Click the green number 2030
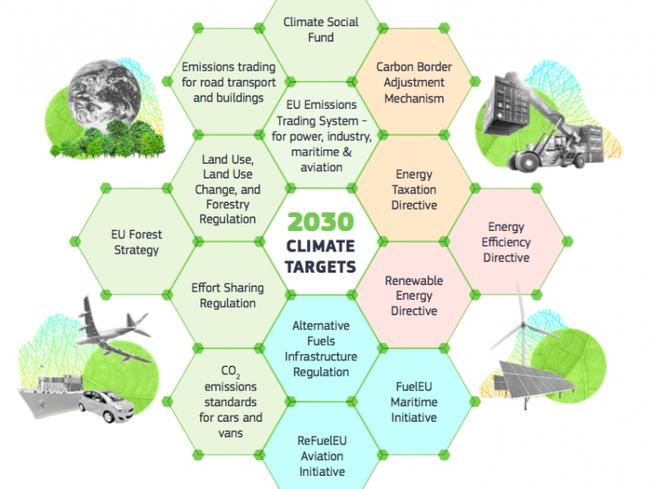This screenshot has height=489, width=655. pos(320,221)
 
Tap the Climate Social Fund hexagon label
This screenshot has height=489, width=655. pos(321,29)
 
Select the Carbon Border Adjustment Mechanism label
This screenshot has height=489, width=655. pos(414,83)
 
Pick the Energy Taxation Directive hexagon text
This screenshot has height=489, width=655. pos(414,190)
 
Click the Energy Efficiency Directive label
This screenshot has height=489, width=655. pos(506,242)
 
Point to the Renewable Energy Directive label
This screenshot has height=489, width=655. pos(414,296)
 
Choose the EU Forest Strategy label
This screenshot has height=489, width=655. pos(137,242)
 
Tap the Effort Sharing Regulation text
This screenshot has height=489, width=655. pos(228,296)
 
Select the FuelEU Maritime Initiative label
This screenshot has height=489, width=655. pos(414,402)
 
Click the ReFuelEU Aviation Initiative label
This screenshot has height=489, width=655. pos(322,456)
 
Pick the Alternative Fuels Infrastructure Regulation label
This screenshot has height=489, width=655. pos(321,349)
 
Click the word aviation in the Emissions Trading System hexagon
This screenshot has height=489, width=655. pos(321,167)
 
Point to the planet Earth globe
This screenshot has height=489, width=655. pos(105,96)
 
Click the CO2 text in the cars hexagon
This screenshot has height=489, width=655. pos(231,371)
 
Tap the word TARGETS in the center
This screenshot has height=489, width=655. pos(320,267)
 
